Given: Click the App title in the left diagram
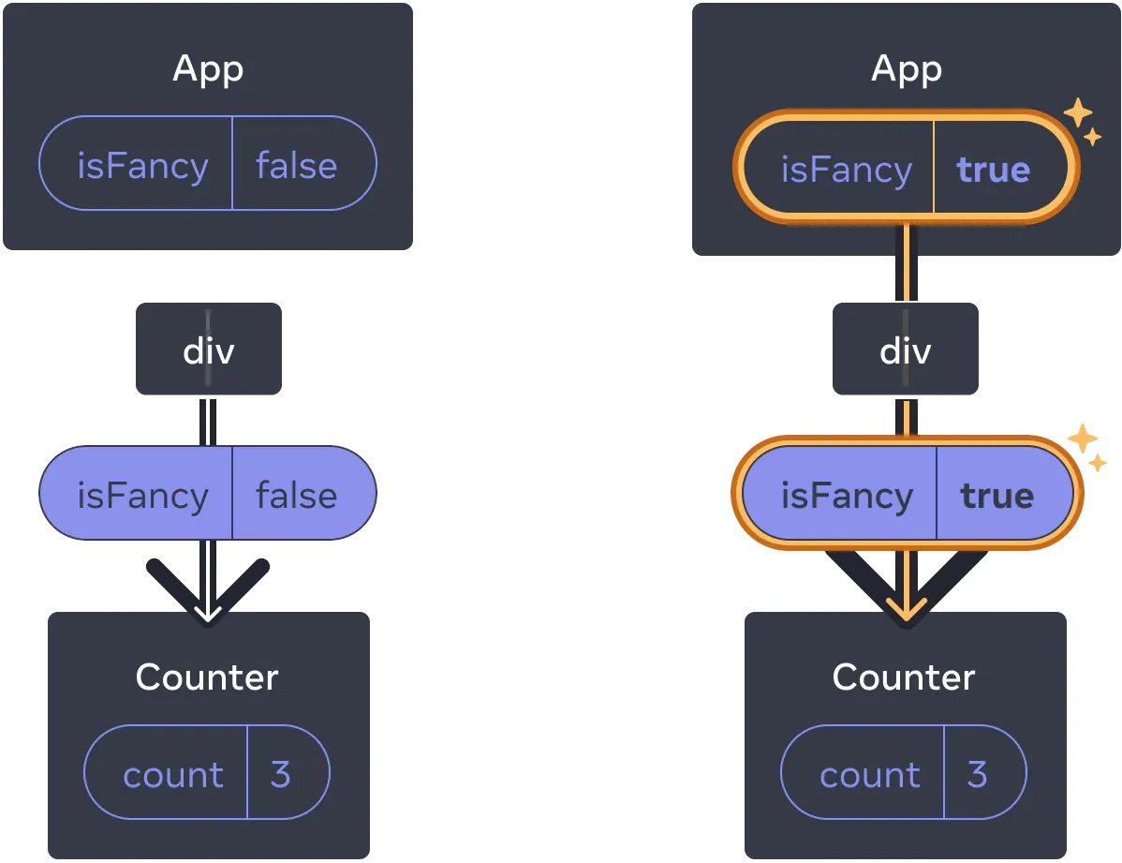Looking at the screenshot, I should click(208, 69).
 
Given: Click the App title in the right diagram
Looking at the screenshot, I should click(906, 69).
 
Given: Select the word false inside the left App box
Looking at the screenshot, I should click(296, 166).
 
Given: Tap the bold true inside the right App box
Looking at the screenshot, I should click(993, 170).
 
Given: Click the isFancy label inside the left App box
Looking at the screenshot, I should click(142, 166).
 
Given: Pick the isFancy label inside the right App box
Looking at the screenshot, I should click(846, 170).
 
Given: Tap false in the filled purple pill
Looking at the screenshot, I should click(296, 495).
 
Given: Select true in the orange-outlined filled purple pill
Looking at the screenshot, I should click(997, 495).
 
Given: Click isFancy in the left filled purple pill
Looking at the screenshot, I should click(142, 495).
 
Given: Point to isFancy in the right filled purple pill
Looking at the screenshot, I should click(847, 495).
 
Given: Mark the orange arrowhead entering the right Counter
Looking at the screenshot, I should click(905, 610).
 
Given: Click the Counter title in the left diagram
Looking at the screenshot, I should click(207, 677).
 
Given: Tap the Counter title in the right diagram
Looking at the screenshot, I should click(904, 677).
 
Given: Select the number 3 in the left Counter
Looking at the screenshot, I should click(280, 775).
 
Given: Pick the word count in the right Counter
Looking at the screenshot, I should click(869, 775).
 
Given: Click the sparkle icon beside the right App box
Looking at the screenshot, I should click(1082, 121).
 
